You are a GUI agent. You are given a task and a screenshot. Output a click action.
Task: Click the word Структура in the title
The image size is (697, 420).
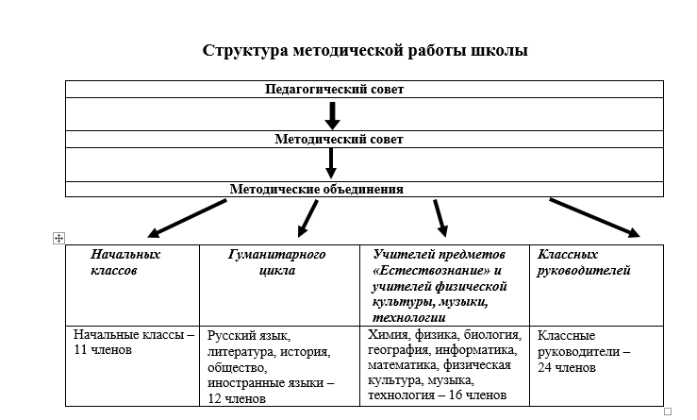click(x=242, y=50)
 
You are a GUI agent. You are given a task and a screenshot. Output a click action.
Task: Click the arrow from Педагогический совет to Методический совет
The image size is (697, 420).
click(x=332, y=114)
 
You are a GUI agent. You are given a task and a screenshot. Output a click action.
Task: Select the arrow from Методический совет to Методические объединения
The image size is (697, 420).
click(x=331, y=162)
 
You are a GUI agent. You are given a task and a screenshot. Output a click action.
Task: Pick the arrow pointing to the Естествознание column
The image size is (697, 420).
click(x=440, y=218)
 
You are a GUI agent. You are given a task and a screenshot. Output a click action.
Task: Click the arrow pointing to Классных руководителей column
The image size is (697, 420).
click(x=594, y=217)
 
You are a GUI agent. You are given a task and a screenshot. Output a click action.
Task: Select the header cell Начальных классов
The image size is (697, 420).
click(x=126, y=262)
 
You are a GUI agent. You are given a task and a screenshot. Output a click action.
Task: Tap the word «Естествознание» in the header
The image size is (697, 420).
click(x=416, y=270)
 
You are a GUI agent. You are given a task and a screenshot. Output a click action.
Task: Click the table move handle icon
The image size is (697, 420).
click(x=59, y=239)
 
